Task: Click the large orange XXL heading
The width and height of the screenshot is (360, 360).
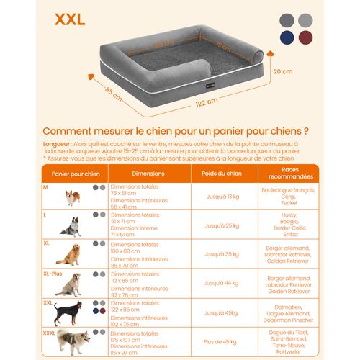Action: click(69, 19)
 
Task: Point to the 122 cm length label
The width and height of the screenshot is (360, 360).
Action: click(206, 102)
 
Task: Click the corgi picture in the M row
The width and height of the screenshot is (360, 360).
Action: click(72, 197)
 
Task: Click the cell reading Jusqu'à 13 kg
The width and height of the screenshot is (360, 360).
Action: click(222, 197)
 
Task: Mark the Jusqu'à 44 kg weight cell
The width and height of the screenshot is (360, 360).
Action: click(222, 284)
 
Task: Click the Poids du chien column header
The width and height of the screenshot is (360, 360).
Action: click(222, 174)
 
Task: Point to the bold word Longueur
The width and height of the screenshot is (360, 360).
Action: click(58, 143)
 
